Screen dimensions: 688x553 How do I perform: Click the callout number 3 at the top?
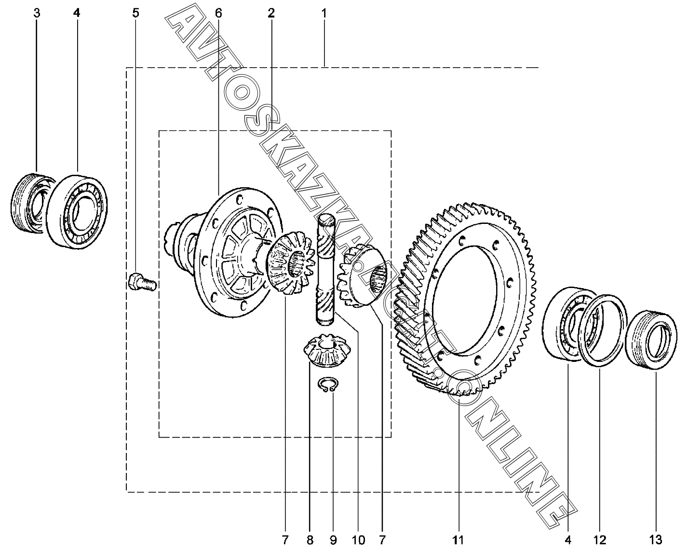(37, 13)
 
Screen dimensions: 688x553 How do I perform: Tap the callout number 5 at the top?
(136, 13)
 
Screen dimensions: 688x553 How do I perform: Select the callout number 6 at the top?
(218, 13)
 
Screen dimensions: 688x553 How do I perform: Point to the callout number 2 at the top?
(271, 13)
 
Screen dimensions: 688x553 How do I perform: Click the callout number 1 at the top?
(324, 13)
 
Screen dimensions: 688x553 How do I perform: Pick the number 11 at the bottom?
(458, 540)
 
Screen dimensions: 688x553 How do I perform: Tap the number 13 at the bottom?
(655, 540)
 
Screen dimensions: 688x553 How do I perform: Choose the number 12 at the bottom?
(599, 540)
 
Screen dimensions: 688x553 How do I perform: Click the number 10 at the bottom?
(358, 540)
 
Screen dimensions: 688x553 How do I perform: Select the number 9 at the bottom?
(333, 540)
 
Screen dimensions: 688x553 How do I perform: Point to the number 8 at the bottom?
(310, 540)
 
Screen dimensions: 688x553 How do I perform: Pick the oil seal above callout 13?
(650, 341)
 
